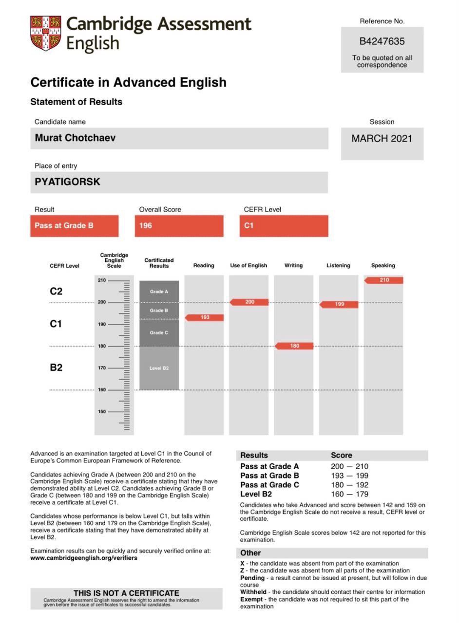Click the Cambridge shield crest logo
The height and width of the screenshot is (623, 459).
pos(46,33)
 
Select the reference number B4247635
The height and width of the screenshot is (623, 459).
pos(382,41)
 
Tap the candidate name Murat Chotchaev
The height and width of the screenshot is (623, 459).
pos(75,138)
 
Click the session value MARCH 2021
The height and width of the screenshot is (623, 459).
pos(382,138)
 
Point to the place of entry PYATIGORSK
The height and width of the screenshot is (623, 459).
pos(67,182)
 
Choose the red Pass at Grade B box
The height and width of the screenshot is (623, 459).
pos(74,226)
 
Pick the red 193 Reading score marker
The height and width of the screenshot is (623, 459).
pos(205,317)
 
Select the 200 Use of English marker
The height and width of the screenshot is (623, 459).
pos(249,302)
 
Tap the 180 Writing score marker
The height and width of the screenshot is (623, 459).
pos(294,346)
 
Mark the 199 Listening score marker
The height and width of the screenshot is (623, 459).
pos(339,304)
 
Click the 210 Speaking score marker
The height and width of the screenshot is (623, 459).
pos(384,280)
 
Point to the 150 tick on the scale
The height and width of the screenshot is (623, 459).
pos(102,412)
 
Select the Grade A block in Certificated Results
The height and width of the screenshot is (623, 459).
pos(159,292)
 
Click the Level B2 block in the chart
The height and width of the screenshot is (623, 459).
pos(159,368)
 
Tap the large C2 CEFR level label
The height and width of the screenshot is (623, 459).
pos(56,291)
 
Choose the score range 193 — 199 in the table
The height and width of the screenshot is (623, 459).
pos(349,476)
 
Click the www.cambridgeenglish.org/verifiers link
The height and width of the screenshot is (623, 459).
pos(84,558)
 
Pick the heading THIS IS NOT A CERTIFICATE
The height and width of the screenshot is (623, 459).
pos(126,593)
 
